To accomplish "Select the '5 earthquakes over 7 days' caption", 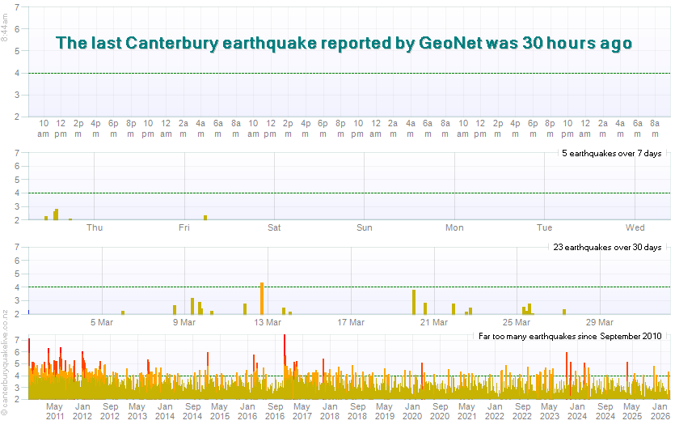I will [612, 153].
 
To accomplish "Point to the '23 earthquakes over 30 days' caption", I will [608, 247].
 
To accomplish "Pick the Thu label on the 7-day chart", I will [94, 227].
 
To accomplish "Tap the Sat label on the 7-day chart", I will [275, 227].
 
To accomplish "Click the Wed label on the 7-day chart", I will [635, 227].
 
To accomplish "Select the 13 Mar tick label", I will [268, 322].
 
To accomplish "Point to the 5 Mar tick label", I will [101, 322].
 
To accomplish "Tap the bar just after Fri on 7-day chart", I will [205, 217].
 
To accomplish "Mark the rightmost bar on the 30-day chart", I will [564, 311].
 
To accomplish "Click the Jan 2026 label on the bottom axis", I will [660, 411].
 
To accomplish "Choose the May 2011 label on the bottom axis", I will [55, 411].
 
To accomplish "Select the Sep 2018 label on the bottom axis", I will [357, 411].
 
